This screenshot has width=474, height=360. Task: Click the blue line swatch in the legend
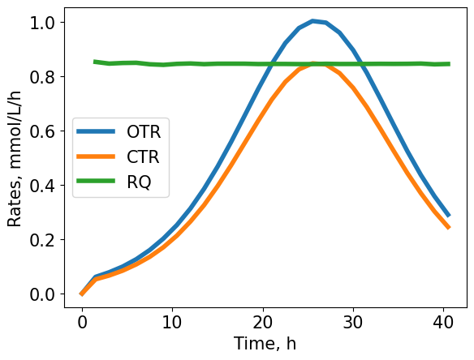tap(97, 132)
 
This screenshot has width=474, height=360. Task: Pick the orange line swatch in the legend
tap(97, 158)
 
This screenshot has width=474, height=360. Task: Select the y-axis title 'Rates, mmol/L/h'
tap(15, 158)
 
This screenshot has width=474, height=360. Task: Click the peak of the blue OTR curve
tap(312, 21)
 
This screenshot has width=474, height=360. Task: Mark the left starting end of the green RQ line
tap(95, 62)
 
